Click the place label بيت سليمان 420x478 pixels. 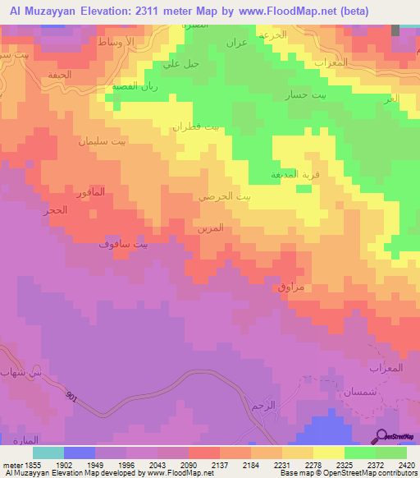click(x=103, y=141)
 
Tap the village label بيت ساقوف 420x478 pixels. click(x=123, y=244)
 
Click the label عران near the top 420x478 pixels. click(x=236, y=42)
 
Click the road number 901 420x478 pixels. click(x=73, y=398)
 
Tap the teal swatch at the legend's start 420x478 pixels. click(x=48, y=453)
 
